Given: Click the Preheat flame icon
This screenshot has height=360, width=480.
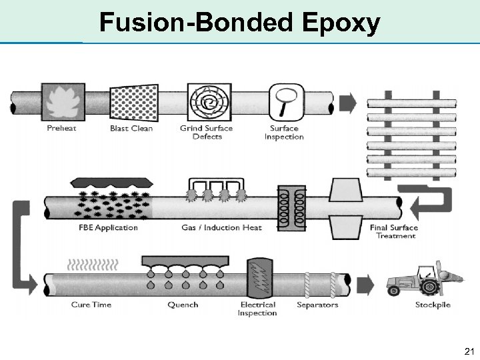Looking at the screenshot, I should (63, 102).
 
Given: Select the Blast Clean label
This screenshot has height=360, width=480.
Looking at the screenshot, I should (131, 129).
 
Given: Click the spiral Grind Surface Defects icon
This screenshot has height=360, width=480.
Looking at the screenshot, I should (209, 102).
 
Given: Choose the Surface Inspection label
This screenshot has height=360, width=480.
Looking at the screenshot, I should (284, 133).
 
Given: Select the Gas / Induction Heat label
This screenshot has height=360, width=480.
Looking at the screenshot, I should (221, 227).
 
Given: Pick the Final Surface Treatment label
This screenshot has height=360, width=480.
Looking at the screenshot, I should (393, 231).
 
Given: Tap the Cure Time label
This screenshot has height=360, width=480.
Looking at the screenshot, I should (91, 305).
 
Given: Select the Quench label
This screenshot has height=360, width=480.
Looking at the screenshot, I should (183, 305).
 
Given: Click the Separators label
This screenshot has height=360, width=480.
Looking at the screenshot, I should (317, 305).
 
